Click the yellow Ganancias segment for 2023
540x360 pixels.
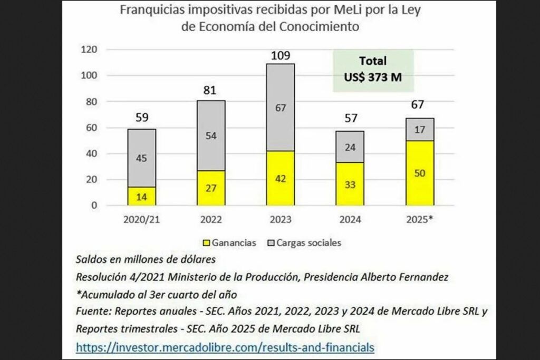point(281,178)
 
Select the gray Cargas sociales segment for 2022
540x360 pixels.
point(211,135)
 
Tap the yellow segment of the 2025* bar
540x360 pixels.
point(420,173)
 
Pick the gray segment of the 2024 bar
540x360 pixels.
point(350,147)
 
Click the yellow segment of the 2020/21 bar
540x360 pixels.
point(141,196)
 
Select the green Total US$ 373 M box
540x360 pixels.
point(373,69)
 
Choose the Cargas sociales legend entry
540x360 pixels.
point(307,243)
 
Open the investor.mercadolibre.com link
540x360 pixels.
point(225,347)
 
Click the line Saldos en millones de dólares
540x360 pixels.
point(146,259)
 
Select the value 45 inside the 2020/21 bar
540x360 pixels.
point(141,158)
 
